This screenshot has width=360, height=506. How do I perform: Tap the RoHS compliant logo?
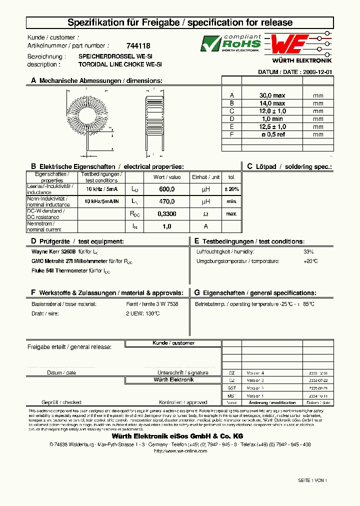pos(230,43)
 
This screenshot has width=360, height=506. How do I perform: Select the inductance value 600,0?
pos(166,189)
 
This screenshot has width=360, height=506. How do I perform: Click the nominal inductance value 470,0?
pos(166,201)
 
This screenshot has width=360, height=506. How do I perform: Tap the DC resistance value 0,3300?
pos(166,214)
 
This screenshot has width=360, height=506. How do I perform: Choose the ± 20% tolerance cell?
pos(231,189)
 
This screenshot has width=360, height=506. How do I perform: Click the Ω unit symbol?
pos(205,214)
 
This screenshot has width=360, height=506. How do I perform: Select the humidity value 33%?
pos(308,251)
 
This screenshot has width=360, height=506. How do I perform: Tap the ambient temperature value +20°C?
pos(310,261)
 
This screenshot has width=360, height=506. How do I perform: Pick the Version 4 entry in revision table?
pos(255,373)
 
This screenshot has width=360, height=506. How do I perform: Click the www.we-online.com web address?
pos(180,451)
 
